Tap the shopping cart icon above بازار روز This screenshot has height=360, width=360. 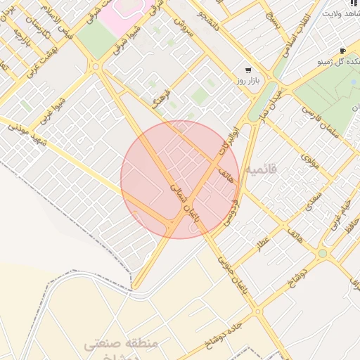[x=248, y=70]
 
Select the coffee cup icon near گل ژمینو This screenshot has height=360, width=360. [x=342, y=51]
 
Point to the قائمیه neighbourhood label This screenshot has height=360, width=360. [x=262, y=169]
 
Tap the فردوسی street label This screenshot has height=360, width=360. [x=231, y=210]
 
